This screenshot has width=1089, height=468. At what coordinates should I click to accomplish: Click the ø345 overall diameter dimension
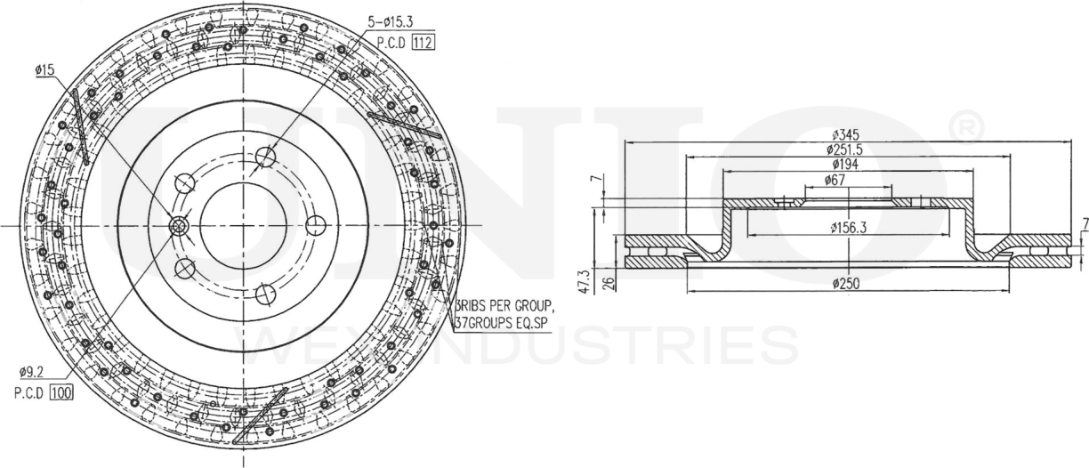846,134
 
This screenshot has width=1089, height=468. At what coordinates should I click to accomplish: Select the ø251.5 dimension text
846,149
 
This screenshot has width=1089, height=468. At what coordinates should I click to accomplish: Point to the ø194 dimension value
846,165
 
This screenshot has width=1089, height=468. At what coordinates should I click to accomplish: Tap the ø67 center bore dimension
846,180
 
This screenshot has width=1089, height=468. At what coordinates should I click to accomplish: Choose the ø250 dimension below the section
846,283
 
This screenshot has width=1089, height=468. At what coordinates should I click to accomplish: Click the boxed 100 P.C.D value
61,392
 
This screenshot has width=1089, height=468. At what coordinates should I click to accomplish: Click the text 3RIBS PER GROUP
504,308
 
